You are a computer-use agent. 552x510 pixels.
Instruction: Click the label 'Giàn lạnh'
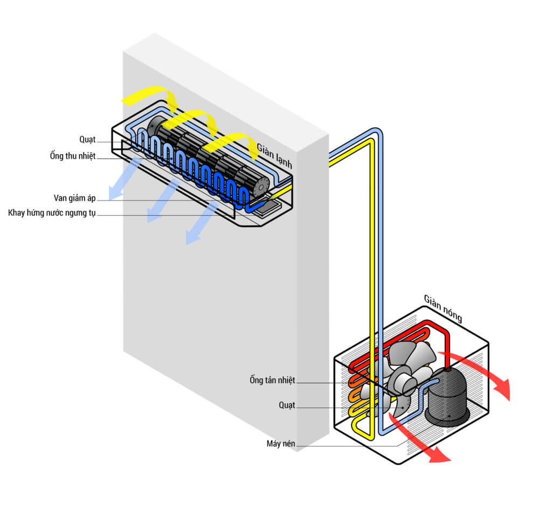point(274,155)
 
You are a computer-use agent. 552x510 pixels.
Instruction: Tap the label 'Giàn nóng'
point(443,308)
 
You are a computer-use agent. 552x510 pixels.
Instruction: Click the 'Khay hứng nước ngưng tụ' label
point(52,213)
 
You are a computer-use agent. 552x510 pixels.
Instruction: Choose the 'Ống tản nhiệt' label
point(272,380)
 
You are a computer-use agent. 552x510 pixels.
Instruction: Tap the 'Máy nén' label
point(280,444)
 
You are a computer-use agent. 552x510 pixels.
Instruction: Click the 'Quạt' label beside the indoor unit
point(87,140)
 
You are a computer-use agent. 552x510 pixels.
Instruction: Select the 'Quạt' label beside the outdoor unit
point(287,405)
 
